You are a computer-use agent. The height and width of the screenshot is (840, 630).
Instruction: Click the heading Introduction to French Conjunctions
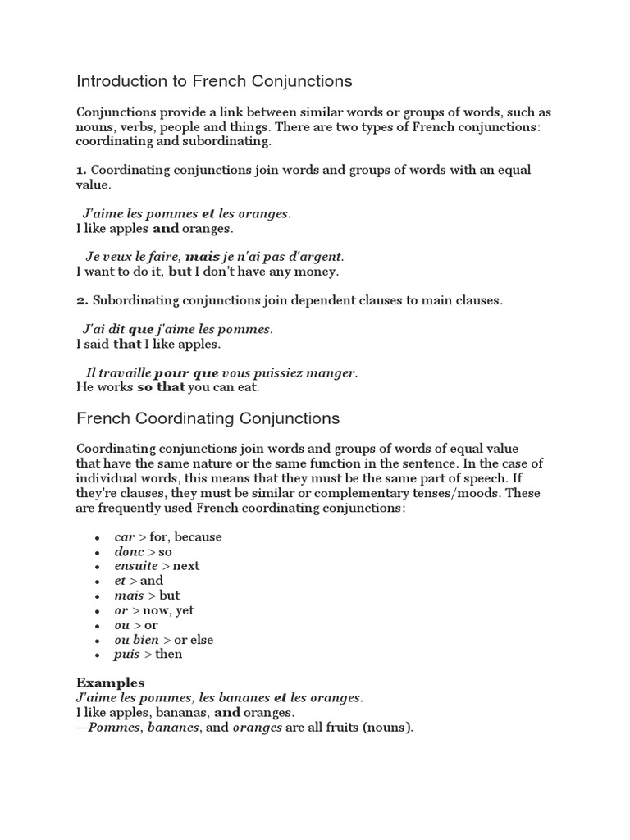[214, 81]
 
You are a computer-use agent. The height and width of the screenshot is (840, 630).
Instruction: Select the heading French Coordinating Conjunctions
[208, 418]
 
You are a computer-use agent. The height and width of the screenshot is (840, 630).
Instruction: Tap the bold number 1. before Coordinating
[81, 170]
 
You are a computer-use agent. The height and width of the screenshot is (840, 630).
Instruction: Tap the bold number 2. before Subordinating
[81, 300]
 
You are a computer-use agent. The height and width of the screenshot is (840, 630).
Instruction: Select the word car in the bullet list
[125, 536]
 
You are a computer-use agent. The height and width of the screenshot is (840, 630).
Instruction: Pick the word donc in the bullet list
[129, 551]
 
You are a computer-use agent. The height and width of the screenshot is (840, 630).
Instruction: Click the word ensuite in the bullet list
[136, 566]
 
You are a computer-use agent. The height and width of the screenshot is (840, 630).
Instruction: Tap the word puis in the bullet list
[127, 654]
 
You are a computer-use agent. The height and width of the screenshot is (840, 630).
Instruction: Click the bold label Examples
[110, 682]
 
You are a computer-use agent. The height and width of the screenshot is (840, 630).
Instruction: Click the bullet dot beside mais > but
[98, 596]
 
